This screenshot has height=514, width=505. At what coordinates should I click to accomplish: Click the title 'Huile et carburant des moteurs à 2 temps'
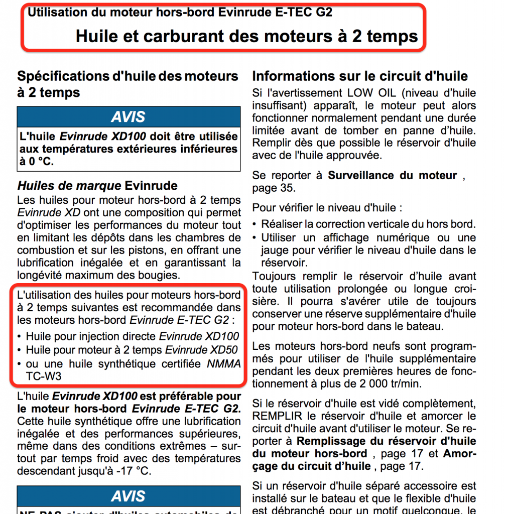point(246,36)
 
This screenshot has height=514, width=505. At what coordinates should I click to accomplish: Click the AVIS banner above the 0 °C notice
point(129,117)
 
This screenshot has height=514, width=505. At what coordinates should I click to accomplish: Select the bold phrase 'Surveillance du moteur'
point(393,176)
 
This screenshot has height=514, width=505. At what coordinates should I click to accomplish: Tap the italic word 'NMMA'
point(224,363)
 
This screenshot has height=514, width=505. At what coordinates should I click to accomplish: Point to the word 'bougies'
point(159,275)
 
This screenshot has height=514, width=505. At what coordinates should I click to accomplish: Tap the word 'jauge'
point(274,249)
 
